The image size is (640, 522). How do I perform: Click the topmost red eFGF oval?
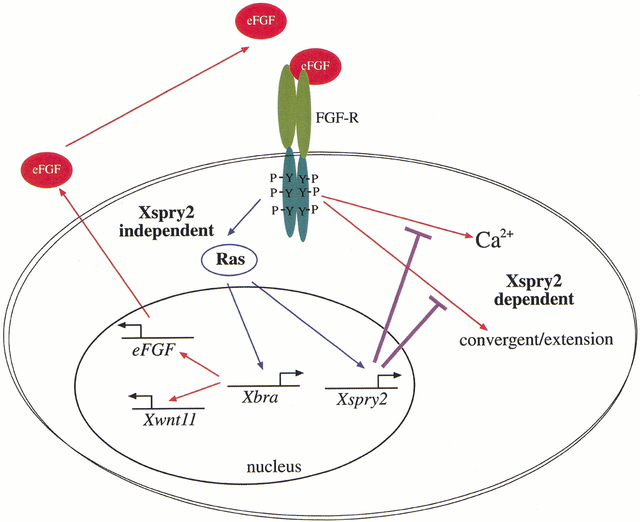coord(260,21)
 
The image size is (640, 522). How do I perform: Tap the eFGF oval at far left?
coord(46,170)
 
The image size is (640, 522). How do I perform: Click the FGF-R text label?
coord(337,118)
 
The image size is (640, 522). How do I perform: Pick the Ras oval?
coord(230,259)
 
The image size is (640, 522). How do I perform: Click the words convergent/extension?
coord(536,340)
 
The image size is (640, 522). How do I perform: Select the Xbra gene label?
coord(260,397)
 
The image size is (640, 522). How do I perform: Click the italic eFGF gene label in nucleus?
coord(153,350)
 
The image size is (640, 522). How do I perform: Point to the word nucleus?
coord(273,467)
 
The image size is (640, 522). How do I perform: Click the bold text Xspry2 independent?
coord(166,221)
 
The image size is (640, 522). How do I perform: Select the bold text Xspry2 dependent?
coord(534,290)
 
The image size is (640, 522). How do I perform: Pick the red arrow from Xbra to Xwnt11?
coord(195,391)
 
